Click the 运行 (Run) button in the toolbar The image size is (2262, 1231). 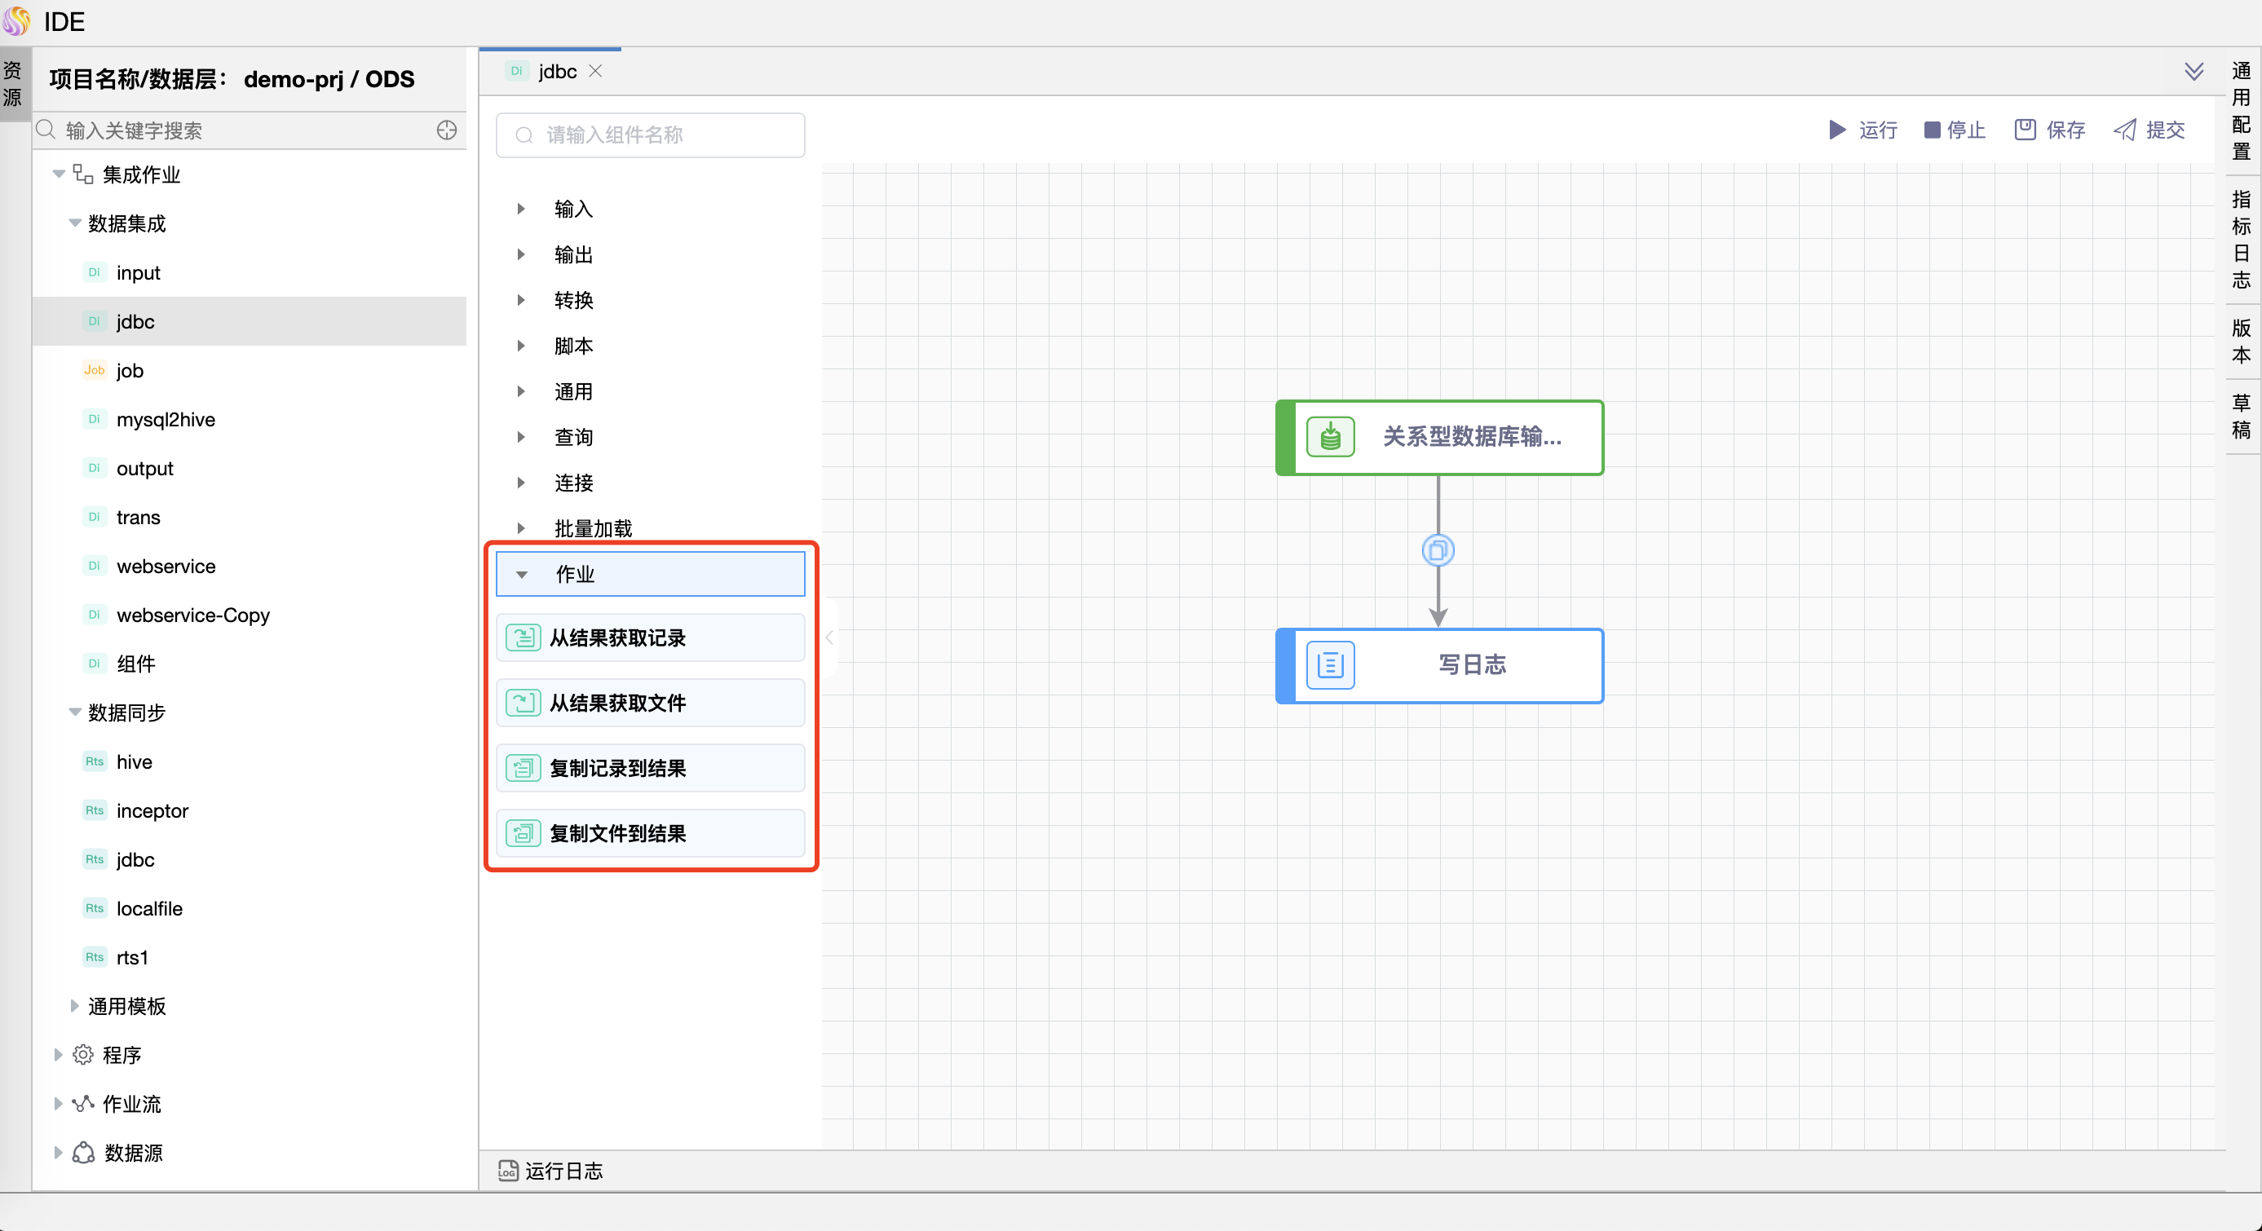[x=1862, y=130]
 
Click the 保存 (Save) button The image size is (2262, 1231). [x=2049, y=130]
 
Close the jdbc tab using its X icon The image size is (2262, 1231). [x=595, y=71]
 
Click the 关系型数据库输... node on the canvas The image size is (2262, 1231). [x=1440, y=437]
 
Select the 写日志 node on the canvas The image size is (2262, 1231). [x=1440, y=665]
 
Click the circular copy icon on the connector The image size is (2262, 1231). [x=1438, y=550]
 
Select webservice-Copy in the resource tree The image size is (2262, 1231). [x=192, y=615]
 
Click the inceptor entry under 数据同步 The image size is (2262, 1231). [x=152, y=811]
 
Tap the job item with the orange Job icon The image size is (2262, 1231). [x=129, y=371]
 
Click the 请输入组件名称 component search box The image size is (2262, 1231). [x=650, y=135]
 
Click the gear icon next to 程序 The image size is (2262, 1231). [x=82, y=1055]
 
